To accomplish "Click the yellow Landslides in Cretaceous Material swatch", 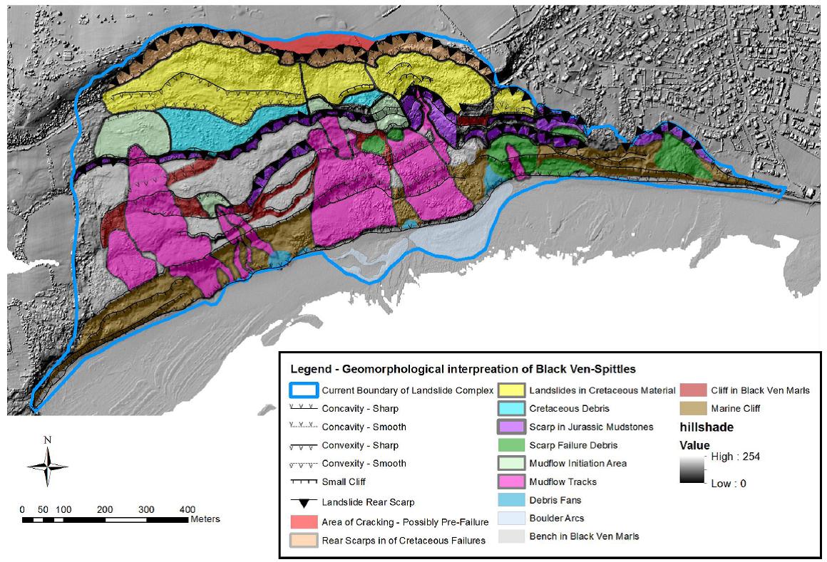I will click(511, 390).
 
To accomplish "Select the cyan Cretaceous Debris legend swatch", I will click(511, 409).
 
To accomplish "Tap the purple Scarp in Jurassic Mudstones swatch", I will click(511, 427).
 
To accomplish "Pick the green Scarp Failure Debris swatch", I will click(511, 445).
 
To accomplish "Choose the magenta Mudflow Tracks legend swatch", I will click(511, 482).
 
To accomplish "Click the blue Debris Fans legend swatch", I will click(511, 500).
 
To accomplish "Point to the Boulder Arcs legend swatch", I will click(511, 518).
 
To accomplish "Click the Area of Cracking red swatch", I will click(303, 521).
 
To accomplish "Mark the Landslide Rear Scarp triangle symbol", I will click(304, 502).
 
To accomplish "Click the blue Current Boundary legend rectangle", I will click(303, 390).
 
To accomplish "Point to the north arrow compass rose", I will click(47, 464).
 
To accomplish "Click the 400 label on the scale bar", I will click(188, 509).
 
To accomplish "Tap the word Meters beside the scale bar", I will click(205, 519).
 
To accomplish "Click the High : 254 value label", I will click(735, 457).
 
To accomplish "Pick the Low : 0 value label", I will click(730, 484).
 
